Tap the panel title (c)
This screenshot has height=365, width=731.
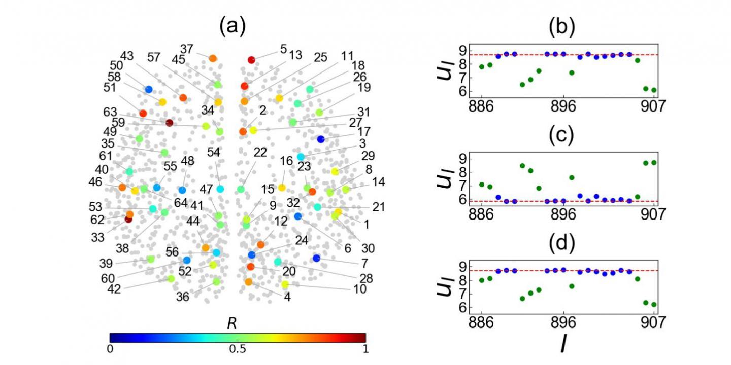[x=562, y=136]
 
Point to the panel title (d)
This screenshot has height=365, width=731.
[x=562, y=244]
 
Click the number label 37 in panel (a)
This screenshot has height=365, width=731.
[x=187, y=49]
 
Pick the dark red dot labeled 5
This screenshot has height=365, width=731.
[x=251, y=60]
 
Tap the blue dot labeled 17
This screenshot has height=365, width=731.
[x=320, y=139]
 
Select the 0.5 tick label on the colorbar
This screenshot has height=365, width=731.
[x=237, y=349]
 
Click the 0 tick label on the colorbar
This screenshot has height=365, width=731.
[x=110, y=349]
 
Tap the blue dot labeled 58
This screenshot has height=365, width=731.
[x=149, y=89]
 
